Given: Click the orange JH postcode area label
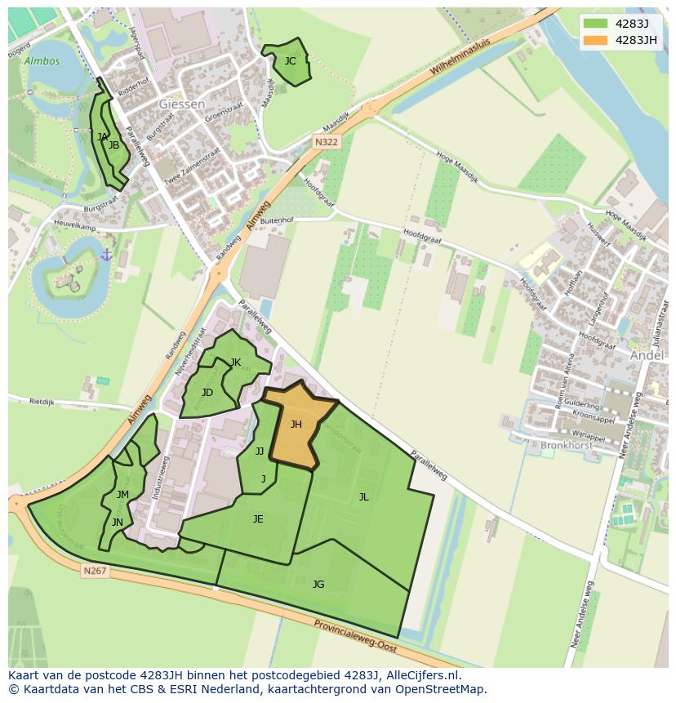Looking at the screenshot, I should [296, 424].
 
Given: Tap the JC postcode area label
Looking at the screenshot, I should [290, 60].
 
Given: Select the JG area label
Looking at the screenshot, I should [318, 584].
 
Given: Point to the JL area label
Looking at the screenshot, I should [363, 496].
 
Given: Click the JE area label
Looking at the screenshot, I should [258, 518].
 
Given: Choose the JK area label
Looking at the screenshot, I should [235, 363].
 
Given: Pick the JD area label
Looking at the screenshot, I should [207, 393].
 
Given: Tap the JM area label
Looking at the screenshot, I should [122, 494].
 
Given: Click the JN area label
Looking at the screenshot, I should [118, 523].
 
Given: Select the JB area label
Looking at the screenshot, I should [114, 145].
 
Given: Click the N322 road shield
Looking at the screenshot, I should [326, 142].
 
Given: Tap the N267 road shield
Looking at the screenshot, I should [95, 571].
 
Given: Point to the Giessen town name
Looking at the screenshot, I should [182, 104].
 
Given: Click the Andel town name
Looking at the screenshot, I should [647, 355].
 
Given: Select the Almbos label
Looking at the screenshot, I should [42, 61].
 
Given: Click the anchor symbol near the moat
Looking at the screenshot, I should [105, 256].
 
